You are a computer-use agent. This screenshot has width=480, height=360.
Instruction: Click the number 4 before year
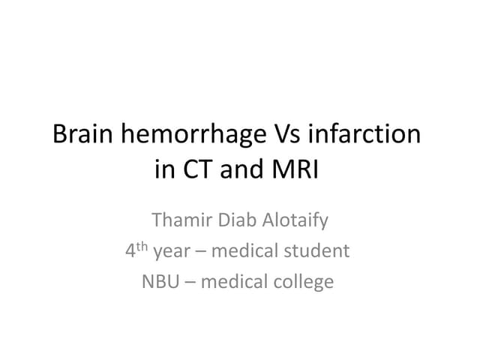(x=130, y=251)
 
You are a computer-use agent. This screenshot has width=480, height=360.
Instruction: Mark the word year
(x=171, y=253)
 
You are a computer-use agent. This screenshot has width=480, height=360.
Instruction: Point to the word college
(x=306, y=283)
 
